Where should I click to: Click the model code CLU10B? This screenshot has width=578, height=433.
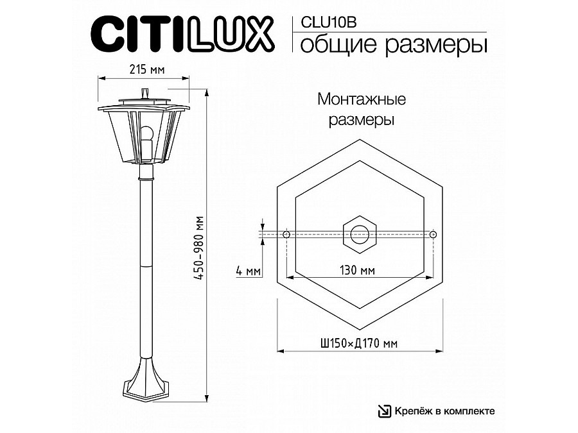click(x=328, y=22)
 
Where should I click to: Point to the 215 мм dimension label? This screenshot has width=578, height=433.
click(x=146, y=69)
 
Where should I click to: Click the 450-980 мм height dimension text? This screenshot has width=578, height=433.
click(x=199, y=248)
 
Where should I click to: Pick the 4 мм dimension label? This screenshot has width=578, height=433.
click(x=248, y=271)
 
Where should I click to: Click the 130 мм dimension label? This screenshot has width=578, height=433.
click(x=357, y=270)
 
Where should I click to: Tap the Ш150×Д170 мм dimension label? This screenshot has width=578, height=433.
click(x=360, y=344)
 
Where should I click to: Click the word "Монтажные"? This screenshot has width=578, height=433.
click(x=362, y=99)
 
